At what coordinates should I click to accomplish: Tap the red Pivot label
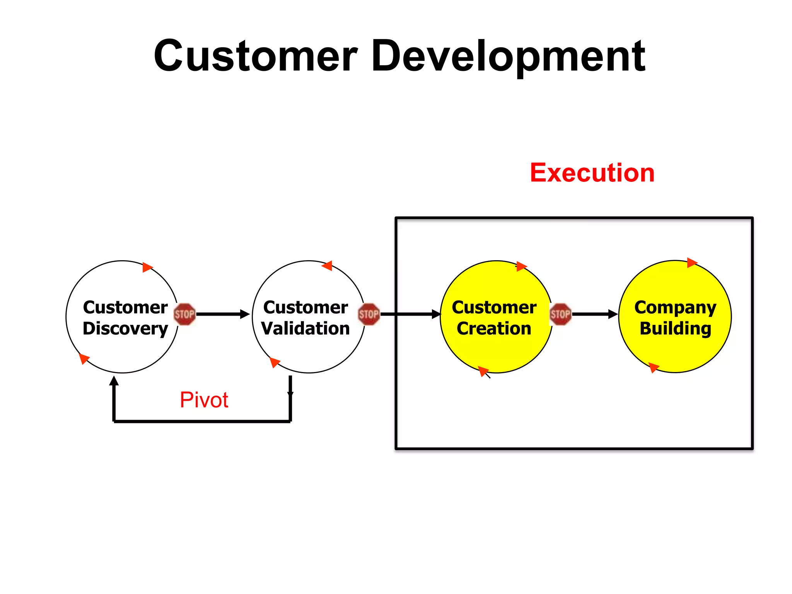click(204, 400)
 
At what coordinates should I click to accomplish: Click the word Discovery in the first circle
click(125, 329)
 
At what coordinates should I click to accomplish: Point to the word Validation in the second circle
click(306, 329)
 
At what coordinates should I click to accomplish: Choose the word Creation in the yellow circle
click(494, 329)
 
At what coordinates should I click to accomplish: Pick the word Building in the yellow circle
click(675, 329)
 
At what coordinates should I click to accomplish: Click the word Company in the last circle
click(675, 307)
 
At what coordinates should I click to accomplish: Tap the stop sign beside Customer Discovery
click(184, 314)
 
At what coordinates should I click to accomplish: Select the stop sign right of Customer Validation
click(369, 314)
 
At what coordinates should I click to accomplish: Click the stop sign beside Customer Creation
click(560, 314)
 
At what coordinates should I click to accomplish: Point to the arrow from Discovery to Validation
click(223, 314)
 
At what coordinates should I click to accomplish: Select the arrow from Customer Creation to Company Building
click(595, 314)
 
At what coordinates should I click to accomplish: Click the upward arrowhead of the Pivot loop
click(114, 381)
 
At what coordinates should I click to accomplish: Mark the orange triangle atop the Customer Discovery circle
click(147, 267)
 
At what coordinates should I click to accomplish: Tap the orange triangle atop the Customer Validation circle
click(328, 266)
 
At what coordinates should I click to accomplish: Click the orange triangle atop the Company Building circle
click(691, 263)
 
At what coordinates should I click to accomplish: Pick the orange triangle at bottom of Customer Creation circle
click(483, 371)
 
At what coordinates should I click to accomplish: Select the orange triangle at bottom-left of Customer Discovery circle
click(84, 358)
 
